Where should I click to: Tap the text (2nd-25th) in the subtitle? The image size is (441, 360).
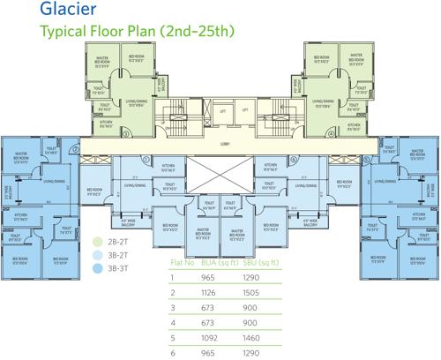coord(206,32)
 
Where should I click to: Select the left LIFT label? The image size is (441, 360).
coord(201,110)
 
